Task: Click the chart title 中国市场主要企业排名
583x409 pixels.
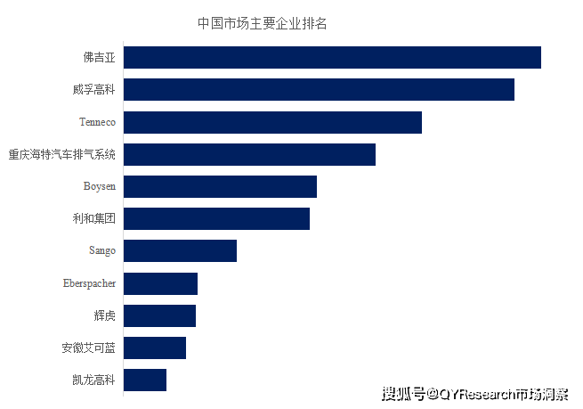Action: click(x=262, y=23)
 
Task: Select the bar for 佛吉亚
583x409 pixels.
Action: click(x=332, y=57)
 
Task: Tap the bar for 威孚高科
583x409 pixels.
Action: click(x=319, y=89)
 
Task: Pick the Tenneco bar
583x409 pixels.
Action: click(x=272, y=122)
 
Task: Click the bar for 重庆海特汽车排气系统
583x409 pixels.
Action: click(x=249, y=154)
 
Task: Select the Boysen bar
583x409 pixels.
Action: click(x=220, y=186)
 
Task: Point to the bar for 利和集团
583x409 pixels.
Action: click(x=216, y=218)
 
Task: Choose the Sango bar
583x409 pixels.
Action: click(x=180, y=250)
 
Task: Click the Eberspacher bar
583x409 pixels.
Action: click(x=160, y=283)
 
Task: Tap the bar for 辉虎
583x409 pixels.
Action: click(x=159, y=315)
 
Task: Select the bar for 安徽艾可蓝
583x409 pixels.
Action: click(x=155, y=348)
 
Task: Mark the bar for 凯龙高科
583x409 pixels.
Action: click(x=145, y=380)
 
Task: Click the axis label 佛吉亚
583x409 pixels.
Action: click(x=100, y=58)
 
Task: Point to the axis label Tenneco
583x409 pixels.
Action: click(x=97, y=122)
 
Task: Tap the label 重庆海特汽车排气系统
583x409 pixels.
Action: click(x=62, y=154)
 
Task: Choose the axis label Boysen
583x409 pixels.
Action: click(x=99, y=186)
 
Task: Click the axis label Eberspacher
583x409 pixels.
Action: click(x=89, y=283)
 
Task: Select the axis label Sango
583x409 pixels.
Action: click(x=101, y=250)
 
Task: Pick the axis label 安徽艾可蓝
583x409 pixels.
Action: click(x=88, y=348)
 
